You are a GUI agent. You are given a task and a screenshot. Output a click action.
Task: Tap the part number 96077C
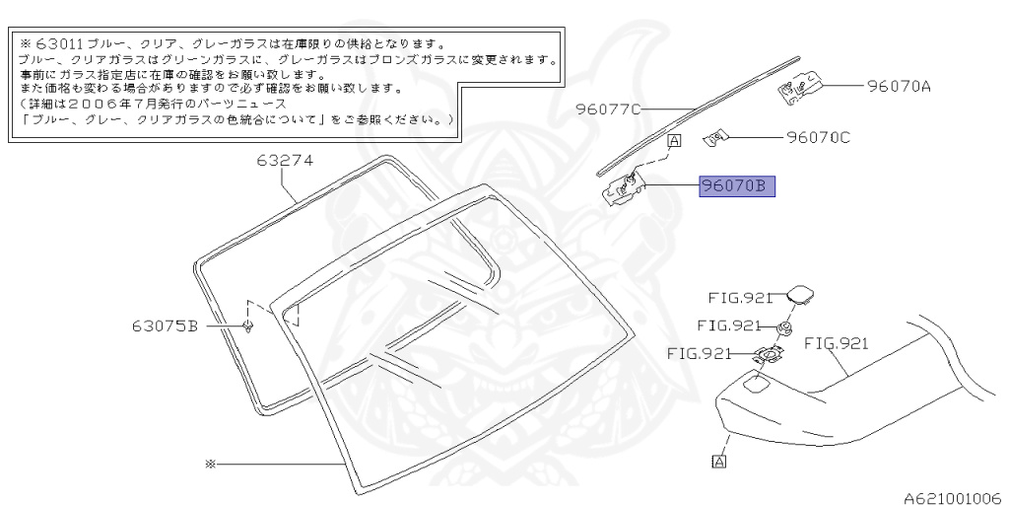tap(609, 109)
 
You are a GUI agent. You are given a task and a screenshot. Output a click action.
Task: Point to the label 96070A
tap(899, 86)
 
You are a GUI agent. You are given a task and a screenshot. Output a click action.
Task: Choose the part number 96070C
tap(818, 137)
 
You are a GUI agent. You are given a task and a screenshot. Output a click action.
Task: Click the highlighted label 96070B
tap(738, 185)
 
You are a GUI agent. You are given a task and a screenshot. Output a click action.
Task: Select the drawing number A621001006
tap(952, 497)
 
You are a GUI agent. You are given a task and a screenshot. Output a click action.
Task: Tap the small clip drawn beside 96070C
tap(717, 137)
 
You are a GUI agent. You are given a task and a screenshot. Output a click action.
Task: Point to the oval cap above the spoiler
tap(798, 294)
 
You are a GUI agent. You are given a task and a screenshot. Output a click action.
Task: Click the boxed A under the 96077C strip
tap(674, 141)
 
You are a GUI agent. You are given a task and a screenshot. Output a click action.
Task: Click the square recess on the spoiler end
tap(759, 385)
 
